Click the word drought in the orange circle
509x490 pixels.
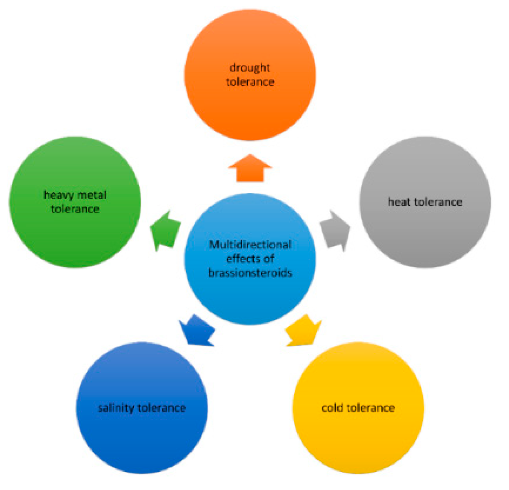pyautogui.click(x=250, y=67)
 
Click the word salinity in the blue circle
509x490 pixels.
pyautogui.click(x=116, y=408)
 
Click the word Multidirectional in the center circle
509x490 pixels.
pyautogui.click(x=250, y=245)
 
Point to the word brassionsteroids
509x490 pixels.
pyautogui.click(x=250, y=273)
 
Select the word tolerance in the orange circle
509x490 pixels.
pyautogui.click(x=250, y=82)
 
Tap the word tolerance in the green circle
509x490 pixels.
pyautogui.click(x=75, y=209)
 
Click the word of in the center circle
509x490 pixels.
pyautogui.click(x=269, y=259)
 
